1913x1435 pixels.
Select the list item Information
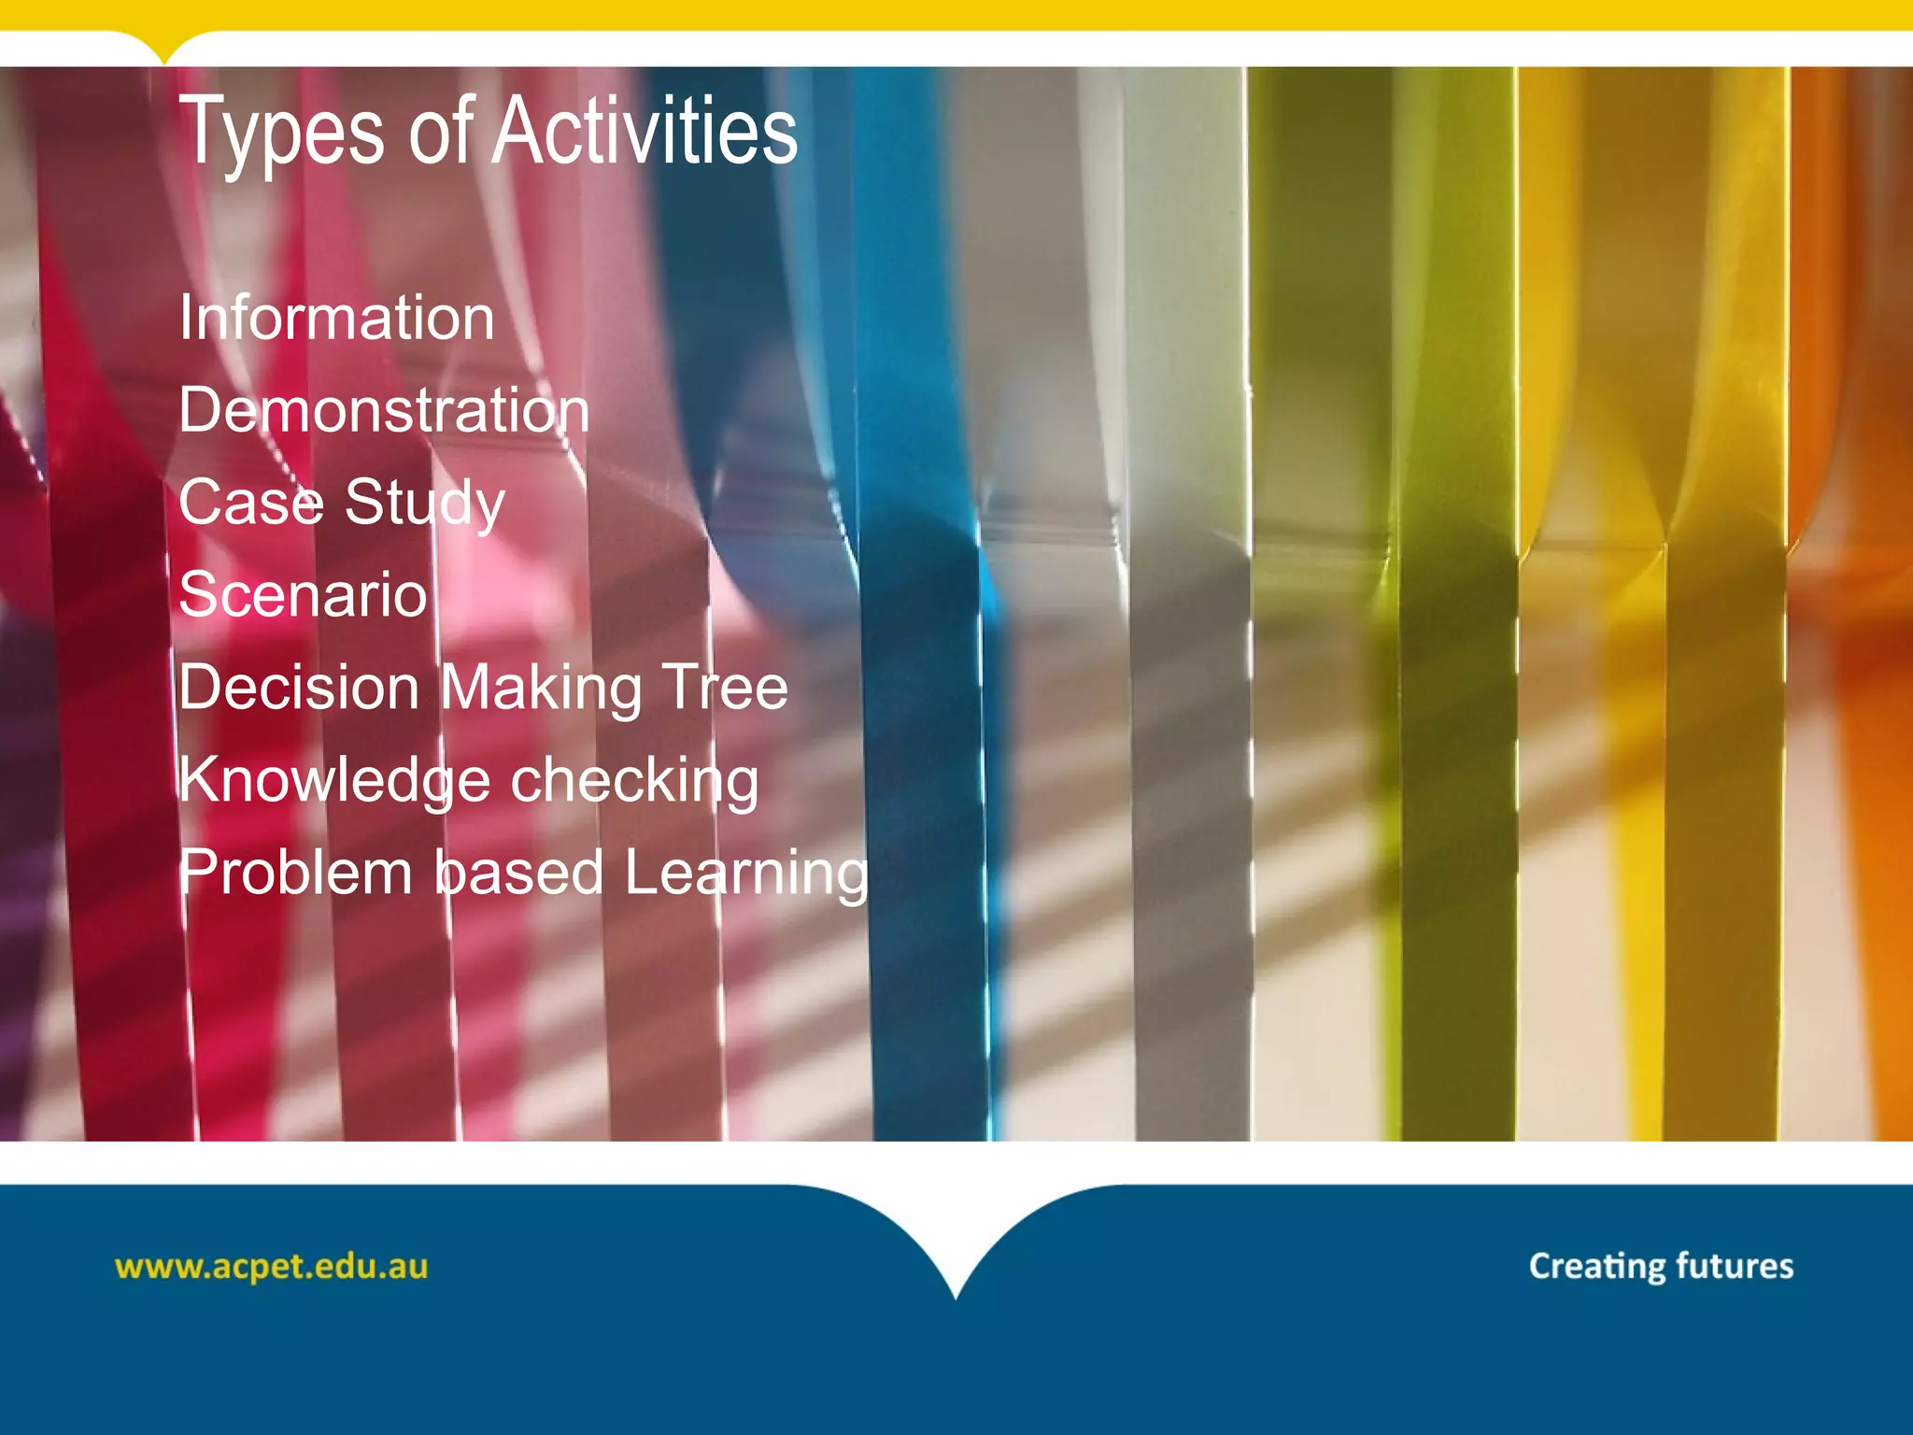(x=336, y=318)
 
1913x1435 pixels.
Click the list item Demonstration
(x=384, y=410)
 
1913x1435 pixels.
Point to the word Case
(x=250, y=503)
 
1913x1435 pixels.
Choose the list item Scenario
(x=303, y=594)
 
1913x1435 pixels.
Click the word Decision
(x=299, y=688)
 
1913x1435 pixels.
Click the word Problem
(x=295, y=873)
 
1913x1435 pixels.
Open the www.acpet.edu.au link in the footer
(x=271, y=1267)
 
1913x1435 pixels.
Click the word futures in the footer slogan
(x=1735, y=1266)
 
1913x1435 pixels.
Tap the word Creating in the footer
(x=1596, y=1267)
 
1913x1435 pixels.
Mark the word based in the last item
(x=519, y=873)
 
